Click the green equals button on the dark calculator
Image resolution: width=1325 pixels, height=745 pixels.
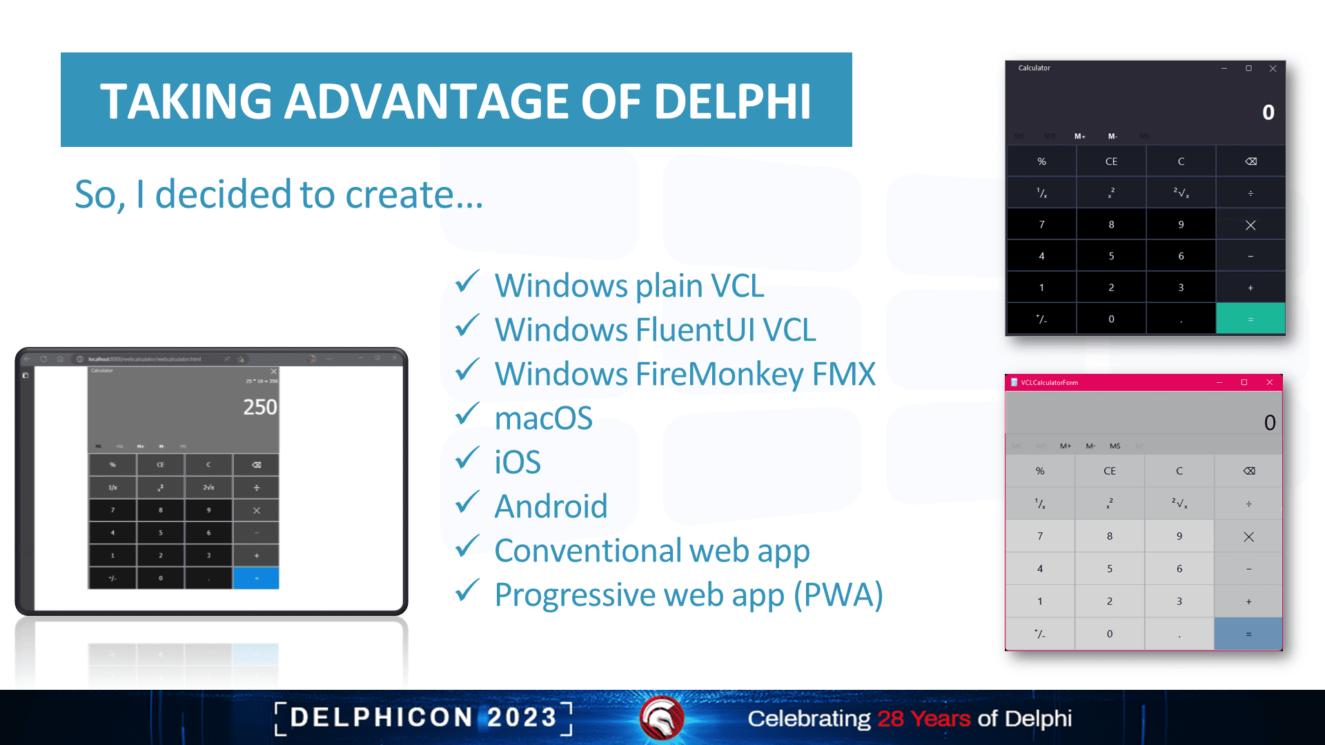click(x=1250, y=319)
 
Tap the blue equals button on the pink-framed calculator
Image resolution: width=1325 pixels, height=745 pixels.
click(x=1248, y=634)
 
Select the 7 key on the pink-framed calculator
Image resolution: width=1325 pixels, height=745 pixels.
click(x=1040, y=536)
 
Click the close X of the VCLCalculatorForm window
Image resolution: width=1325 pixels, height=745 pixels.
click(x=1269, y=382)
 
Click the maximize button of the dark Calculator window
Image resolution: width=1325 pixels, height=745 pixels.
click(x=1248, y=68)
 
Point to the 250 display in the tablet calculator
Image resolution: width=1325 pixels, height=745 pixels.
click(x=259, y=407)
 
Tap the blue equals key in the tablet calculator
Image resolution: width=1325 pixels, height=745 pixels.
click(x=256, y=578)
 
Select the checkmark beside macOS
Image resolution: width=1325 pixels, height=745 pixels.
click(x=467, y=415)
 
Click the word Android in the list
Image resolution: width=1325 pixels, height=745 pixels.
click(x=551, y=506)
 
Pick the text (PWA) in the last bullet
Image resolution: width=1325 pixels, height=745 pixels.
click(x=838, y=595)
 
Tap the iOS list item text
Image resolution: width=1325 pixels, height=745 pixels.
click(x=518, y=462)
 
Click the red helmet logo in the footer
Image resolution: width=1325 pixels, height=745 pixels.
click(x=661, y=718)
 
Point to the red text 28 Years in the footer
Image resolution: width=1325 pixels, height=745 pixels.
click(x=923, y=719)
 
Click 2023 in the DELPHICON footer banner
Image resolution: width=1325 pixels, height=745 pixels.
click(x=522, y=718)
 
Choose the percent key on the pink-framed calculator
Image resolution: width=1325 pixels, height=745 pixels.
click(x=1040, y=471)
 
